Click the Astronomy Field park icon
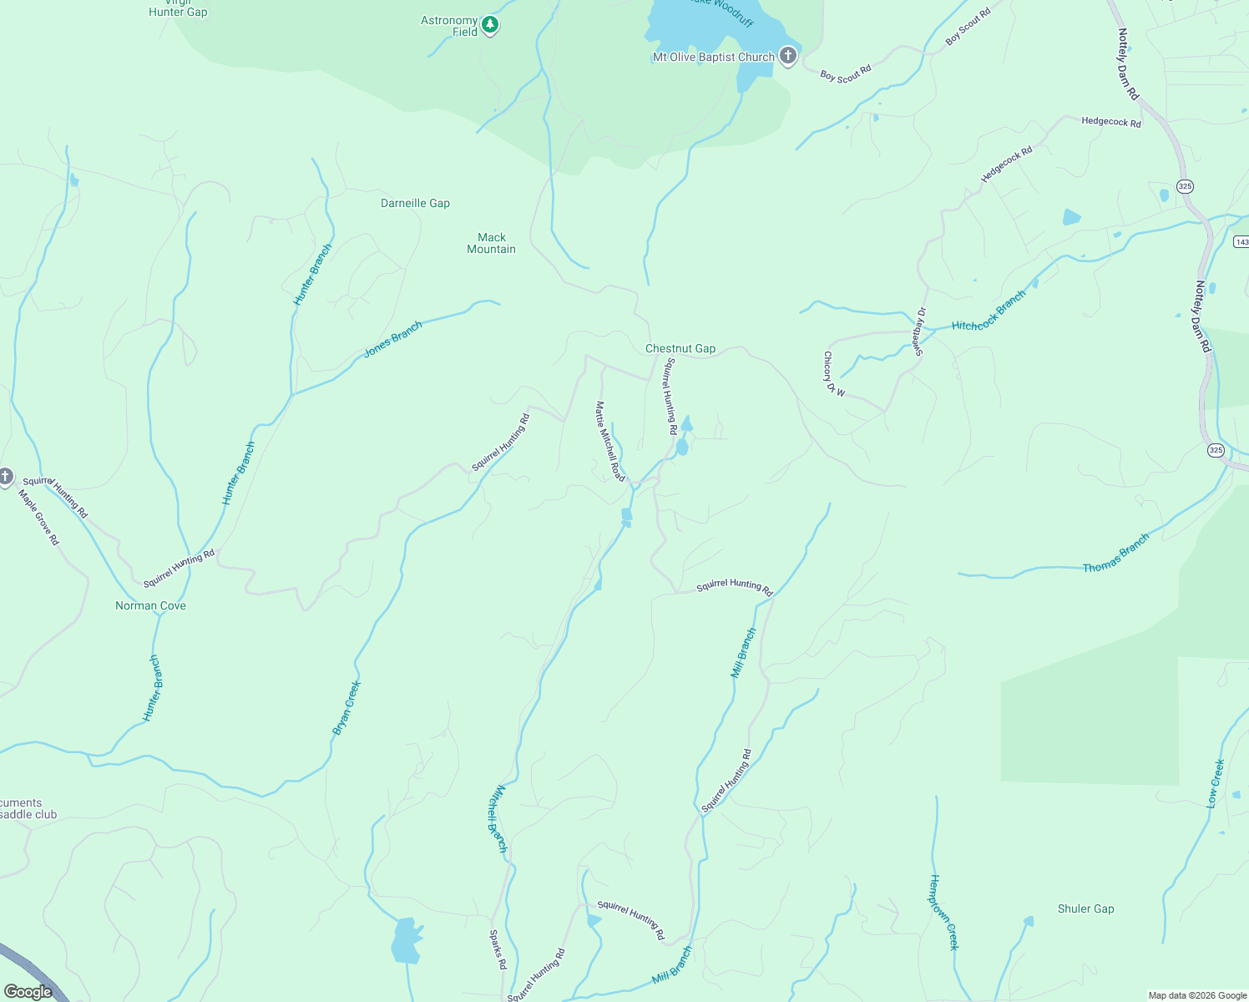(490, 26)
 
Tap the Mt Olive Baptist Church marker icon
(787, 57)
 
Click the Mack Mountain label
(492, 244)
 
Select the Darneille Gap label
(415, 204)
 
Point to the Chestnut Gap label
(680, 349)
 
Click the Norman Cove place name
(150, 606)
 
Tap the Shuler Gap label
(1085, 909)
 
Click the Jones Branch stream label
(393, 340)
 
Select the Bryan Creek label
(346, 708)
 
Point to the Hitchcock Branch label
(989, 311)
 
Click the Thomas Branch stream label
(1115, 554)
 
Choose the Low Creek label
(1216, 783)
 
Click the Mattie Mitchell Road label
(610, 441)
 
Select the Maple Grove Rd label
(39, 518)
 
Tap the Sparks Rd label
(498, 949)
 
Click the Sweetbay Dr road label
(919, 331)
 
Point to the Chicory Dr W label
(833, 374)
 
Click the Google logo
(28, 992)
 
